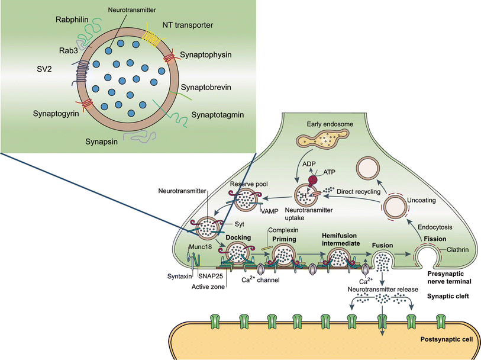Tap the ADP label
click(311, 164)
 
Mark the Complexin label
click(283, 229)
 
